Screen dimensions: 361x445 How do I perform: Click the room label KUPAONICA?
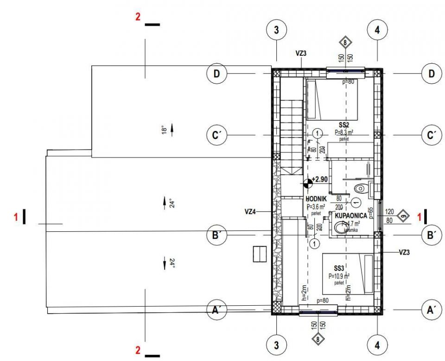click(351, 216)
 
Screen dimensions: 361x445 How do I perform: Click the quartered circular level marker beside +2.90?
click(308, 184)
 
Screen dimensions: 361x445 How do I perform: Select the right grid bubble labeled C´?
click(432, 135)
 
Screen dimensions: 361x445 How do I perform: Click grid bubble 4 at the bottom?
click(377, 345)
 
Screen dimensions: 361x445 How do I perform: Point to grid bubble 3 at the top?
click(277, 31)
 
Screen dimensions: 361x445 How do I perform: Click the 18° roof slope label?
click(163, 129)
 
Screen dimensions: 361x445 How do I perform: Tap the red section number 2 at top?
click(138, 17)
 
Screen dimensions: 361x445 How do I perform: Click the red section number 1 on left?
click(15, 216)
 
